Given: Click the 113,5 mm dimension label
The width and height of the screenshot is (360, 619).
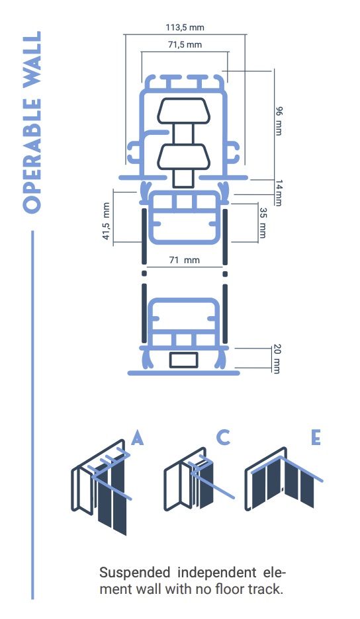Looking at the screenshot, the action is coord(185,28).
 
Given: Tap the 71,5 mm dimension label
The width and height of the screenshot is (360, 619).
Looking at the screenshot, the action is coord(185,44).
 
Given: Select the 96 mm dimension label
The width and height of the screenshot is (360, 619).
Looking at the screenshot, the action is coord(279,121).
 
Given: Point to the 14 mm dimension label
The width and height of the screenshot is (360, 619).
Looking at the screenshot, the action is coord(279,192).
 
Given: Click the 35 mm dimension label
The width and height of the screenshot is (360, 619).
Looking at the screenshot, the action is coord(263,223).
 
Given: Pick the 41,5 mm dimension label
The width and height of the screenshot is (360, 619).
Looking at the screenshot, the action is coord(106,221).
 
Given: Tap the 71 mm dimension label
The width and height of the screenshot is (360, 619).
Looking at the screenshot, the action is coord(185,260).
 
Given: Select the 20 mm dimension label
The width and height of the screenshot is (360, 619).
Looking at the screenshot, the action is coord(277,359).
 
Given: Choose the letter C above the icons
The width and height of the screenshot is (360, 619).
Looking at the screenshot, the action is coord(224,437).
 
